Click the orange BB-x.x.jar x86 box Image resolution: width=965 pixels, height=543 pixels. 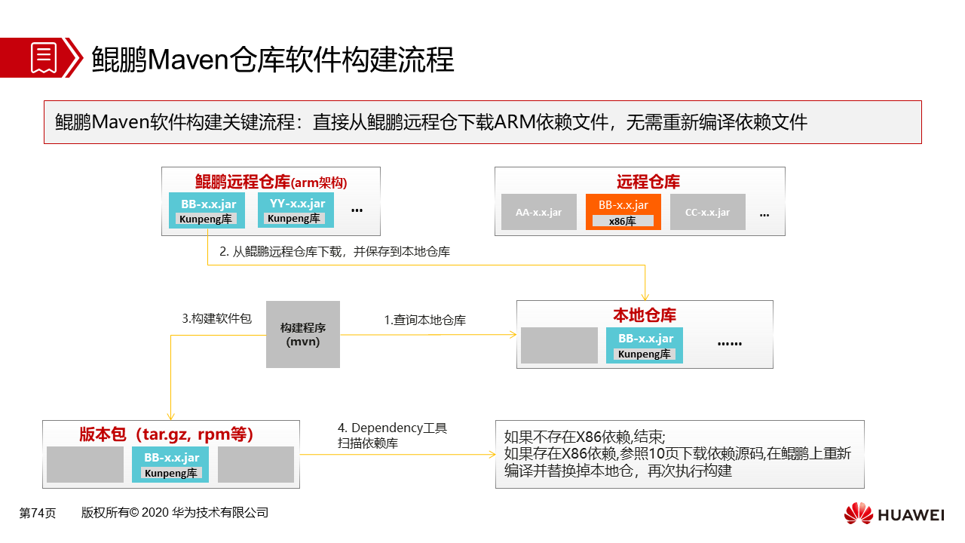[623, 212]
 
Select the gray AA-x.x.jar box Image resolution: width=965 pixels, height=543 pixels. [538, 212]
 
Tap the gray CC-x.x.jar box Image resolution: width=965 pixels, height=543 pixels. [707, 212]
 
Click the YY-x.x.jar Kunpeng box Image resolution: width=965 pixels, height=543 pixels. [296, 210]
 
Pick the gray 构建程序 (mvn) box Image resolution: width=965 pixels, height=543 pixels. [303, 334]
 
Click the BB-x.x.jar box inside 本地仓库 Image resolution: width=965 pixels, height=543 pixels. [644, 345]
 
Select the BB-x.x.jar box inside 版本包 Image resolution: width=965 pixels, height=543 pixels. [170, 464]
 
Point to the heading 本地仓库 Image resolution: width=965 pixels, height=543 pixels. [645, 315]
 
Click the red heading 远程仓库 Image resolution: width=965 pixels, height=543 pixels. [648, 182]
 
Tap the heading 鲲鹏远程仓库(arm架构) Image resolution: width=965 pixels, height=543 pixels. [271, 183]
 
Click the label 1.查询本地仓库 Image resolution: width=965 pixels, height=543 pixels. [424, 321]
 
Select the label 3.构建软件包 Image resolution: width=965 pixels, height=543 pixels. [216, 318]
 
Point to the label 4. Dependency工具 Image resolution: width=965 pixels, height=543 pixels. [392, 428]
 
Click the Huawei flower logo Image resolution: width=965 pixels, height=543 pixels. [858, 514]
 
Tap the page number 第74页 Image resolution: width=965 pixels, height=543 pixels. [38, 513]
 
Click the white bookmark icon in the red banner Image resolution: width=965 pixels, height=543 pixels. [44, 58]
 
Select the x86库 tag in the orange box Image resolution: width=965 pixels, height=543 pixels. [623, 222]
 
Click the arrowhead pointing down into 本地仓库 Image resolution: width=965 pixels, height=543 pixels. [645, 297]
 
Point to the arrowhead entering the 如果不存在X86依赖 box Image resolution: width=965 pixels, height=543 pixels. [492, 454]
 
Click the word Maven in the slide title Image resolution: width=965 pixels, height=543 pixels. [188, 59]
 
